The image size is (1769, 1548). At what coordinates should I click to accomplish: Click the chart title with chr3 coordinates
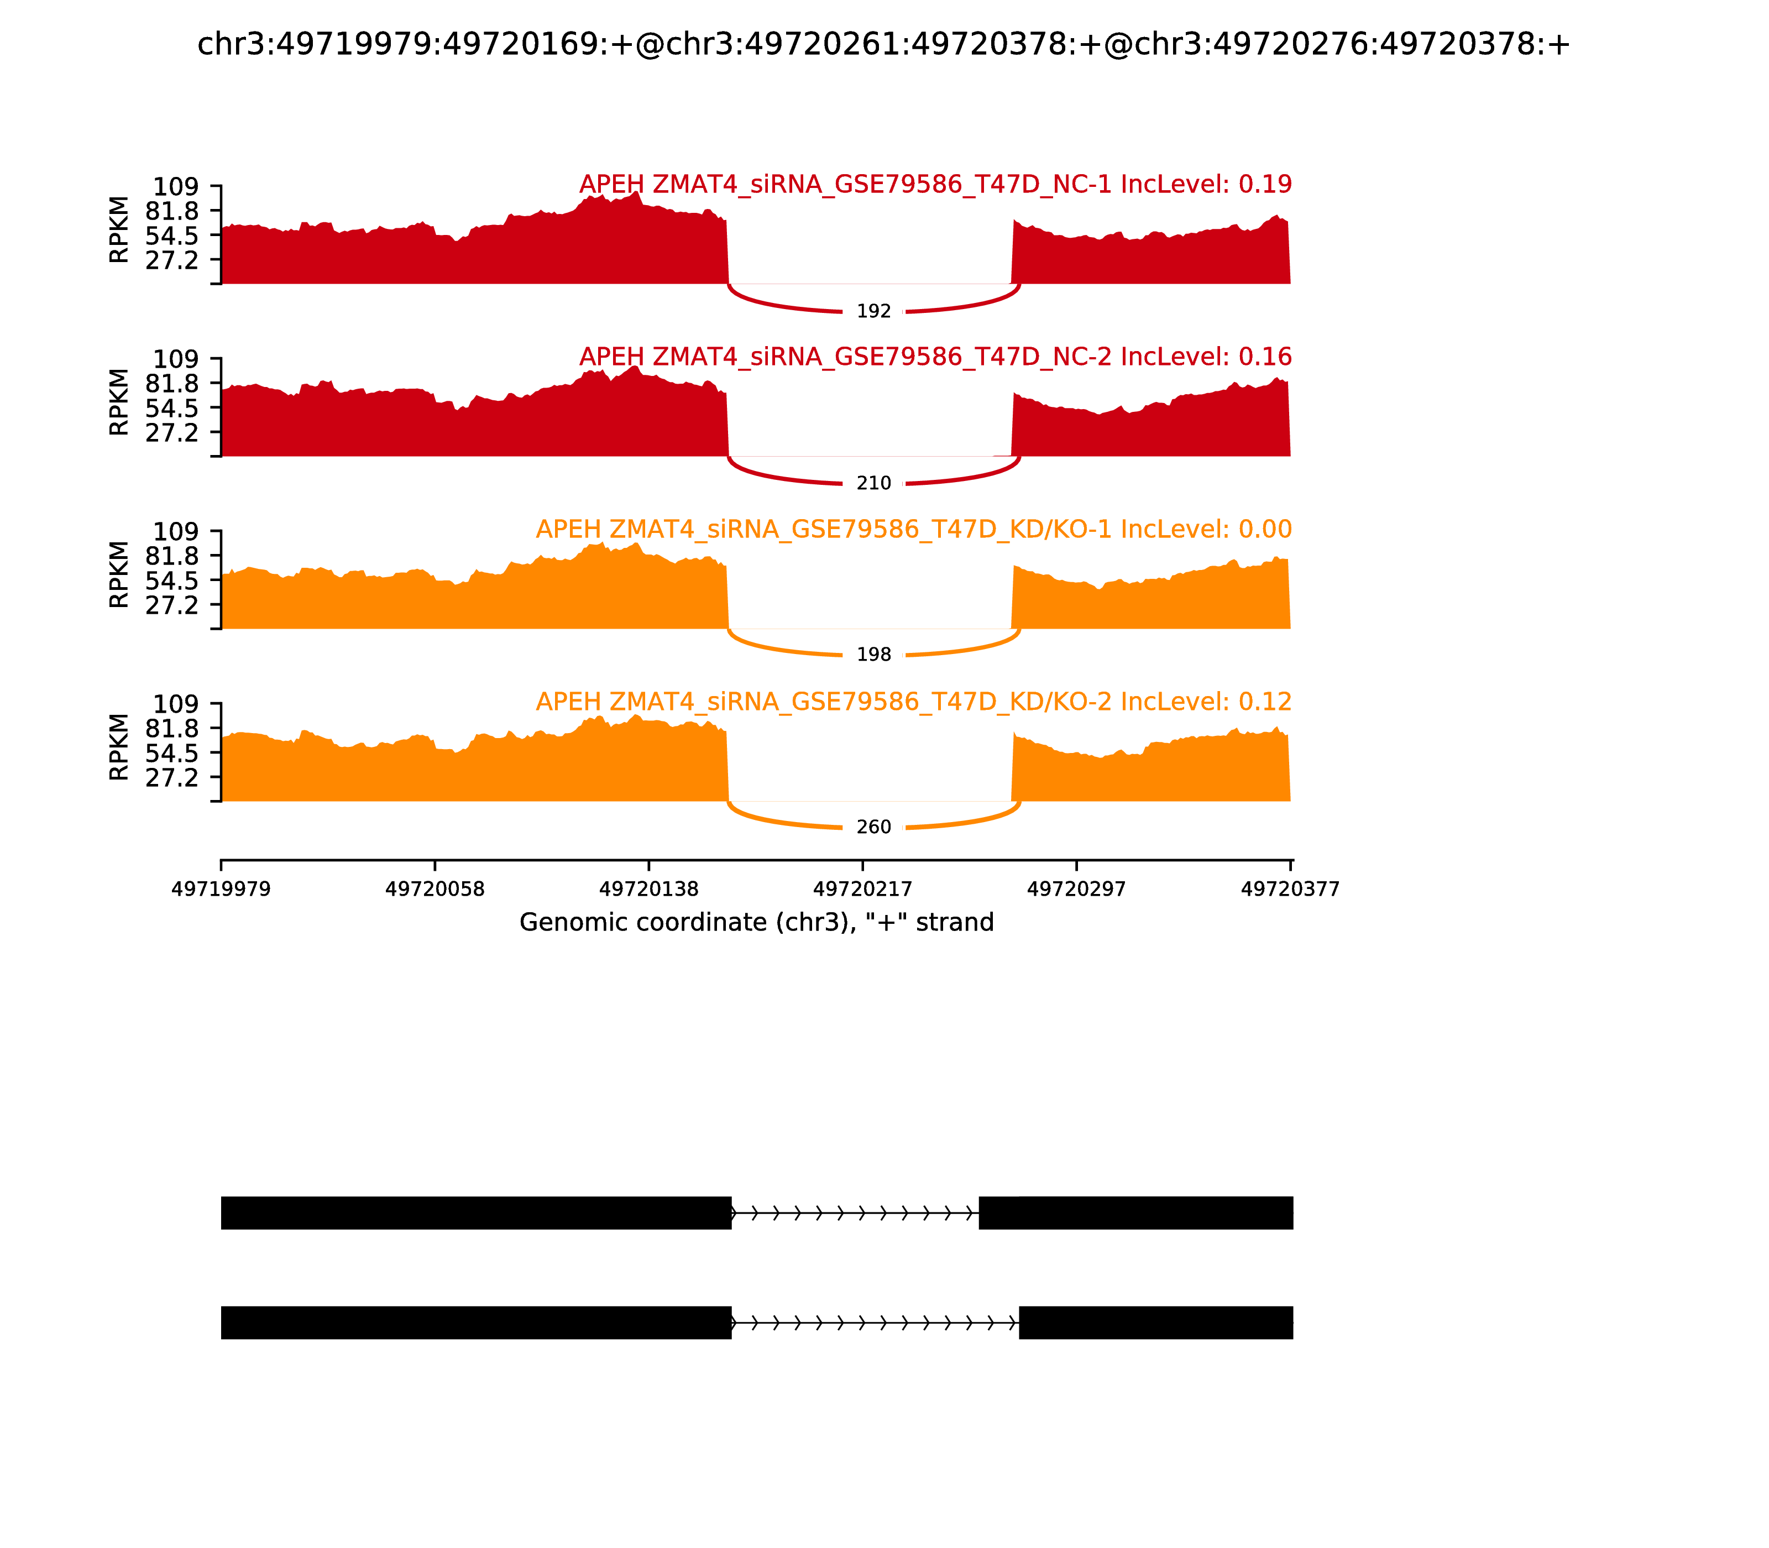pyautogui.click(x=883, y=44)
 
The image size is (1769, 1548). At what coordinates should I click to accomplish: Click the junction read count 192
pyautogui.click(x=873, y=311)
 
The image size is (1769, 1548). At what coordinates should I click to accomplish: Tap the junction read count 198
pyautogui.click(x=873, y=655)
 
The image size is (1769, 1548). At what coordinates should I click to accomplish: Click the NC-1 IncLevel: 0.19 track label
pyautogui.click(x=935, y=184)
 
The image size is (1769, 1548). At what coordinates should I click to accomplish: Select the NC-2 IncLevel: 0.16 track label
pyautogui.click(x=935, y=357)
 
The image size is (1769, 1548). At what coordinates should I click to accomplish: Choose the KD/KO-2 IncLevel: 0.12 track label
pyautogui.click(x=914, y=702)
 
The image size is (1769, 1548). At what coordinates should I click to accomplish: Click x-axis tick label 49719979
pyautogui.click(x=221, y=889)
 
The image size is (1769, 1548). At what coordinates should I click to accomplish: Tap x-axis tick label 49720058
pyautogui.click(x=435, y=889)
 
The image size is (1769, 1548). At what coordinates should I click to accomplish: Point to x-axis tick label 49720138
pyautogui.click(x=648, y=889)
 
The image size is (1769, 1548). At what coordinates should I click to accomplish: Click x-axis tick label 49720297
pyautogui.click(x=1076, y=889)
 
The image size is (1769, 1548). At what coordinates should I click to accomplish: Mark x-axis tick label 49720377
pyautogui.click(x=1290, y=889)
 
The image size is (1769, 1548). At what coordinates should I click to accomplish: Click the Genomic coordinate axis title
pyautogui.click(x=757, y=923)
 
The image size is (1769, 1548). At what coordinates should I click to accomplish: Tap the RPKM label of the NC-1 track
pyautogui.click(x=119, y=230)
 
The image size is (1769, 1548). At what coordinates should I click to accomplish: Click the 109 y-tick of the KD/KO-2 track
pyautogui.click(x=175, y=704)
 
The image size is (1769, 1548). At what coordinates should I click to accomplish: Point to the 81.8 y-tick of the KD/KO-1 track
pyautogui.click(x=172, y=556)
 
